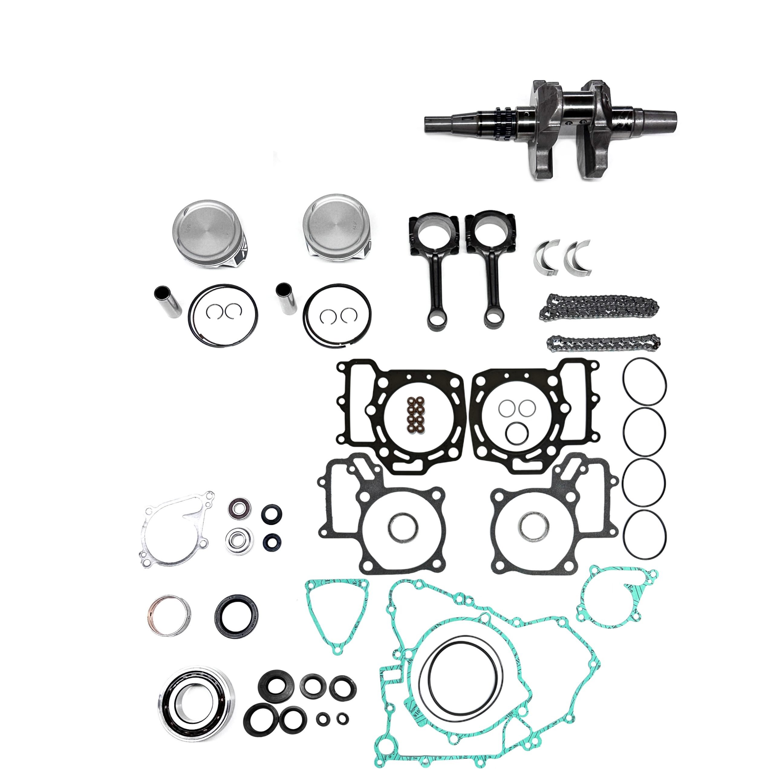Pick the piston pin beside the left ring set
(x=168, y=301)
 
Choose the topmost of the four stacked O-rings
(x=645, y=381)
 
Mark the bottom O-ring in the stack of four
(x=645, y=535)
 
